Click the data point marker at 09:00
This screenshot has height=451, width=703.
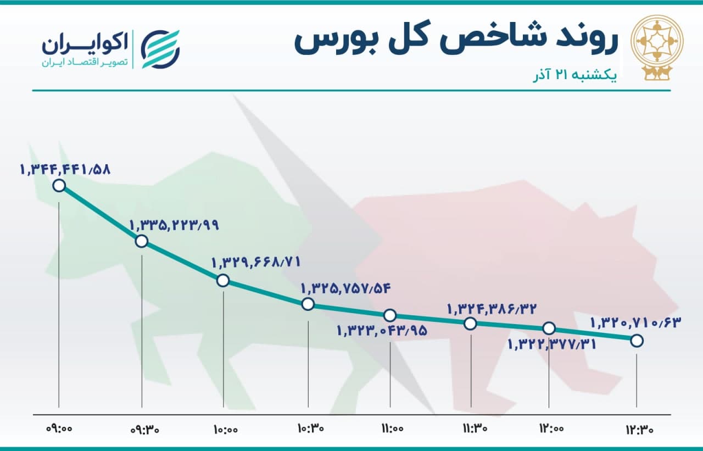pyautogui.click(x=59, y=186)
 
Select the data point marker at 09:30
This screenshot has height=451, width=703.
pyautogui.click(x=142, y=241)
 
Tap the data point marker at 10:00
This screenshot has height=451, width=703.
pyautogui.click(x=223, y=280)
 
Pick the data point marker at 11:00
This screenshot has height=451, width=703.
pyautogui.click(x=390, y=315)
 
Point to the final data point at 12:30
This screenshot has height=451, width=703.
pyautogui.click(x=637, y=341)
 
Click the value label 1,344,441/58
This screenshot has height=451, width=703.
pyautogui.click(x=65, y=170)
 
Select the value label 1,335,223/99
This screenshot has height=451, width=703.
pyautogui.click(x=174, y=225)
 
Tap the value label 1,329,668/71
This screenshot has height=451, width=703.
pyautogui.click(x=256, y=262)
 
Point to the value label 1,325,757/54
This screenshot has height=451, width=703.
pyautogui.click(x=346, y=288)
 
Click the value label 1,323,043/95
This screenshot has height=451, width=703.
pyautogui.click(x=382, y=331)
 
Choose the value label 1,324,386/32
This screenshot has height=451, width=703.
pyautogui.click(x=492, y=309)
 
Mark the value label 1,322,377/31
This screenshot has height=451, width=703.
pyautogui.click(x=552, y=344)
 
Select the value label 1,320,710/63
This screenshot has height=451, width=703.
pyautogui.click(x=636, y=322)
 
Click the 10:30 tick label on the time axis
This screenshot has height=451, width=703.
pyautogui.click(x=311, y=428)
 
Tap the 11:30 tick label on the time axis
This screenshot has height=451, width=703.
pyautogui.click(x=475, y=428)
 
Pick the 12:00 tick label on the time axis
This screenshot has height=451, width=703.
pyautogui.click(x=552, y=428)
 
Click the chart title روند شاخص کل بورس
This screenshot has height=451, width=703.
pyautogui.click(x=456, y=42)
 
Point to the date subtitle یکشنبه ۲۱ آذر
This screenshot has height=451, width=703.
pyautogui.click(x=575, y=76)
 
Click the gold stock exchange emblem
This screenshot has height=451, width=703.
pyautogui.click(x=657, y=47)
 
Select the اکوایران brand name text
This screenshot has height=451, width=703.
pyautogui.click(x=85, y=44)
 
